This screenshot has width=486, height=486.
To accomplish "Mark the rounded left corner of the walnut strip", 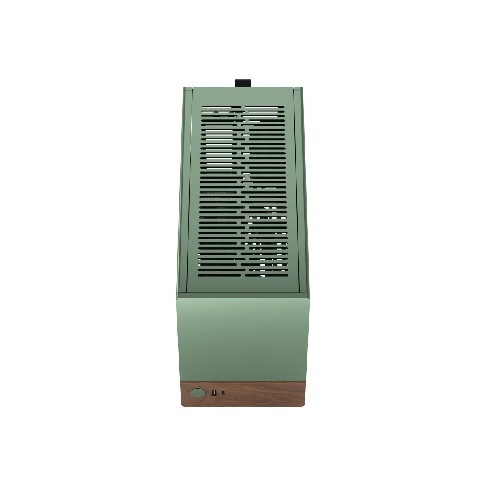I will point(183,404).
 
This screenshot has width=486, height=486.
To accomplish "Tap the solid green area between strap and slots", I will point(243,97).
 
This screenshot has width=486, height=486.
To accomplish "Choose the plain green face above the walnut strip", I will point(243,340).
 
